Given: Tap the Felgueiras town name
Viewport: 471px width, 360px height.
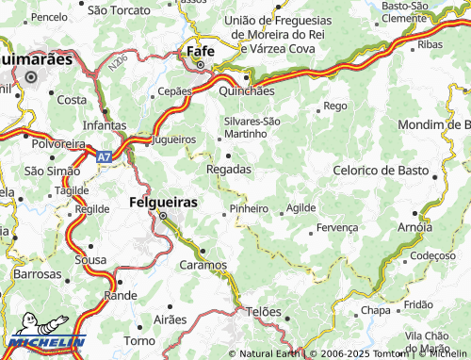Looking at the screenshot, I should [162, 203].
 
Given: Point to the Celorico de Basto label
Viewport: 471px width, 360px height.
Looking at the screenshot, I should [382, 170].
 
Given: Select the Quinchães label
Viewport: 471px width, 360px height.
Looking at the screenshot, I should [247, 92].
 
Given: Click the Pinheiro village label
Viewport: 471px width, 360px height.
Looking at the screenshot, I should [249, 208].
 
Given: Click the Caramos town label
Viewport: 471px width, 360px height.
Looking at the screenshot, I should [203, 266].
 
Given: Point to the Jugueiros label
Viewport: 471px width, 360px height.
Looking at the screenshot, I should [173, 139].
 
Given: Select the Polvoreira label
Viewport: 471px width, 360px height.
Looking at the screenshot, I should [58, 143].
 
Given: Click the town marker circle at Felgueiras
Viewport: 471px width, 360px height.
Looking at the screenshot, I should [162, 217].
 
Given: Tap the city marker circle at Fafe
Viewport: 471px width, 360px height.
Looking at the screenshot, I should [200, 65].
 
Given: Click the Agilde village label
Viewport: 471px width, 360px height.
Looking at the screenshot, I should [301, 207].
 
